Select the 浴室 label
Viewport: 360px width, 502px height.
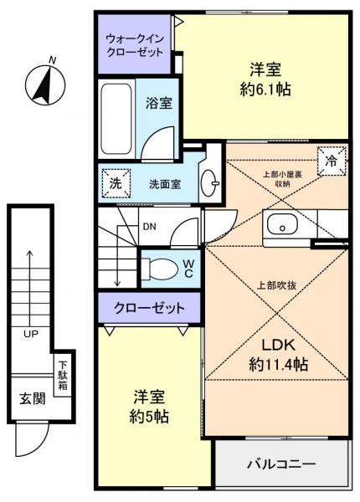[160, 104]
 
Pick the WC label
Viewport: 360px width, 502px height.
[188, 268]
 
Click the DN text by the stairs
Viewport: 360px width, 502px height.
[147, 227]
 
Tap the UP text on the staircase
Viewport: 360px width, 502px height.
[31, 335]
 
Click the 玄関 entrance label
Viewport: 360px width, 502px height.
[32, 397]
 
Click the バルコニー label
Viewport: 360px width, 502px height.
[280, 463]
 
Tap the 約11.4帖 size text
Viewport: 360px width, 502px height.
[277, 364]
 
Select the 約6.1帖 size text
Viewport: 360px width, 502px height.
[264, 89]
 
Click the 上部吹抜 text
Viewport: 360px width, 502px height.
[274, 284]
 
